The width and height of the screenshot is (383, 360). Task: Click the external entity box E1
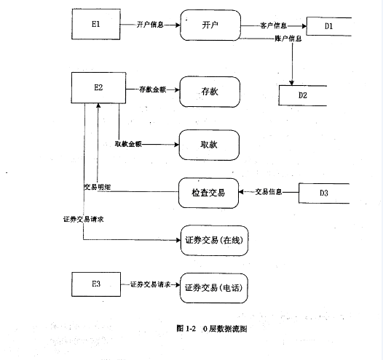[x=96, y=25]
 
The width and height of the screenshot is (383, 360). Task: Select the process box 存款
[x=209, y=92]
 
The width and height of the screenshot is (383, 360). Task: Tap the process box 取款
[x=209, y=144]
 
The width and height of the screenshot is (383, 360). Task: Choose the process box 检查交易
[x=209, y=193]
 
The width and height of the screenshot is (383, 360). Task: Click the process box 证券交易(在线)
[x=213, y=241]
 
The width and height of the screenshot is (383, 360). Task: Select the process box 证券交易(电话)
[x=213, y=287]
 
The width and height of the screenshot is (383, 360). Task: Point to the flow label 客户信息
[x=273, y=25]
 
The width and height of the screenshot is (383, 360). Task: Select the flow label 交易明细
[x=96, y=187]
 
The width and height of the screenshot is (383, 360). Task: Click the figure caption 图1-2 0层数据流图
[x=212, y=328]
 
